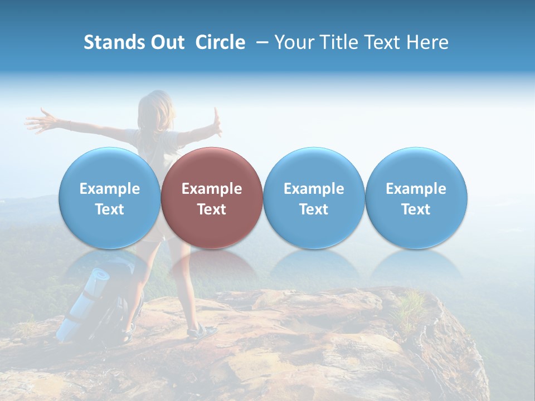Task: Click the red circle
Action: point(212,198)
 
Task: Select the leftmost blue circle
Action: point(109,198)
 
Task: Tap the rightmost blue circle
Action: point(416,198)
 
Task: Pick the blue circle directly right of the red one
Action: point(314,198)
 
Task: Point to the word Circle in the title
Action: point(220,42)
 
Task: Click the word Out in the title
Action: point(166,42)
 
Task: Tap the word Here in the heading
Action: point(427,42)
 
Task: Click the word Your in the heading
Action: point(294,42)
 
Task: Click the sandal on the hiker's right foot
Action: point(202,332)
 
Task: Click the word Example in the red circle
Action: point(212,189)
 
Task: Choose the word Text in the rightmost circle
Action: point(416,209)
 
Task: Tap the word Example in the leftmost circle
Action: point(109,189)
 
